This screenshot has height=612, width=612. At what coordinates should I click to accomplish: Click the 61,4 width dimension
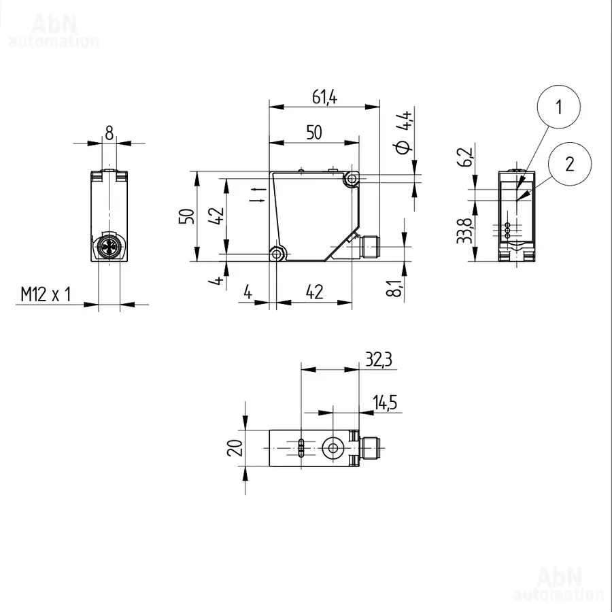coord(325,97)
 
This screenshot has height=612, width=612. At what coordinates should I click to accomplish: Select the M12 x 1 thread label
coord(46,294)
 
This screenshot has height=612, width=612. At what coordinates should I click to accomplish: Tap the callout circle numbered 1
coord(558,107)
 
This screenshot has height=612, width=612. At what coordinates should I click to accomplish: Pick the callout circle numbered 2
coord(569,164)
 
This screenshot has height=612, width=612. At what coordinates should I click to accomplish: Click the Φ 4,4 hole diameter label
coord(403,132)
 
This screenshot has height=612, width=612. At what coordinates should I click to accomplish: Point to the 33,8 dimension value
coord(464,231)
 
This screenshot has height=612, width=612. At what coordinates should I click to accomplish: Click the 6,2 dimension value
coord(464,157)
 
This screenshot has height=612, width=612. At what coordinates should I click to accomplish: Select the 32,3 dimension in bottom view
coord(379,359)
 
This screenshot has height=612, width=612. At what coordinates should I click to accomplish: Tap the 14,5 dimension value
coord(385,403)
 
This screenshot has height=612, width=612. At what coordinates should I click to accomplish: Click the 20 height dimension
coord(235,447)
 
